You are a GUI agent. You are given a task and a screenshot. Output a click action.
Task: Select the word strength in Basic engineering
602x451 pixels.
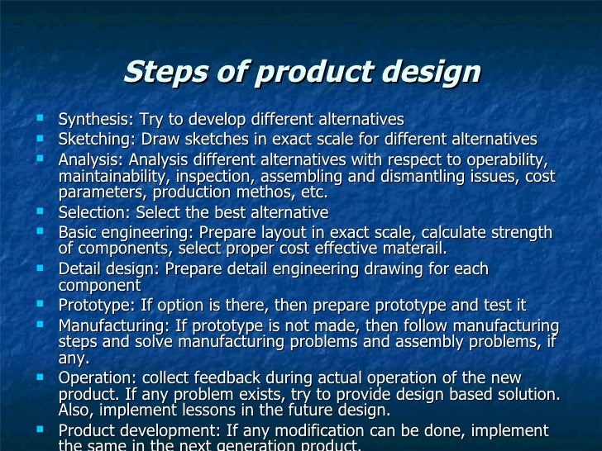522,232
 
